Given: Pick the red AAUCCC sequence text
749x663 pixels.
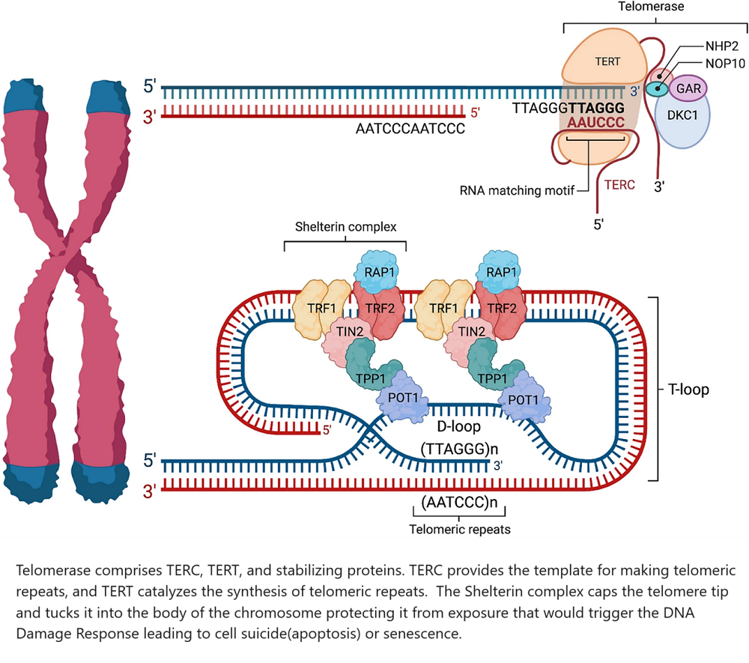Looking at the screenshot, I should (x=596, y=122).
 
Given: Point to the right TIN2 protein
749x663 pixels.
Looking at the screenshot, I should (x=467, y=332).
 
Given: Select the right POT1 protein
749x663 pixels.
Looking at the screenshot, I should (x=524, y=399).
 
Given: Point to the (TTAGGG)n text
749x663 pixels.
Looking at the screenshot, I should (x=458, y=448).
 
